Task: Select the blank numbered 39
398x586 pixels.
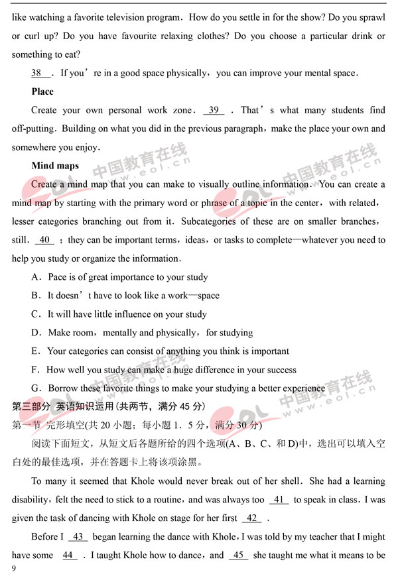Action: tap(214, 110)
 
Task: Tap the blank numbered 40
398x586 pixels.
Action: tap(44, 240)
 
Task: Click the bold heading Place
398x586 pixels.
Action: tap(42, 91)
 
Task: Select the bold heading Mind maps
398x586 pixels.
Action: tap(55, 166)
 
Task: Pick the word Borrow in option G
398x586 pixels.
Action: tap(64, 388)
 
